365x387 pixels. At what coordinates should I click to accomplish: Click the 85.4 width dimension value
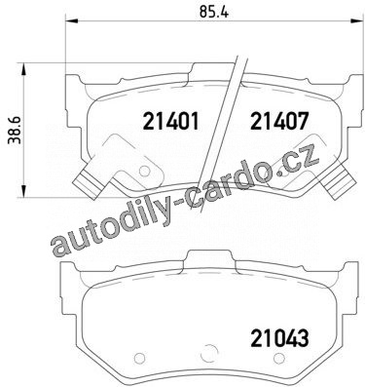(x=214, y=12)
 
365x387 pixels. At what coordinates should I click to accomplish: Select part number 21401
(x=171, y=122)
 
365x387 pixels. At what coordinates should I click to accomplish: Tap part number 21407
(x=279, y=122)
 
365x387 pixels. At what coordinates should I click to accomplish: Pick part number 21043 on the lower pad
(x=279, y=338)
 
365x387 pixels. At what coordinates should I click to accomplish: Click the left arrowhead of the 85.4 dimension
(x=72, y=21)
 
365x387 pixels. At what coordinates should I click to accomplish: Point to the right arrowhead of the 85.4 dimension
(x=357, y=21)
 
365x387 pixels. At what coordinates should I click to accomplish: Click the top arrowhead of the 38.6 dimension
(x=23, y=70)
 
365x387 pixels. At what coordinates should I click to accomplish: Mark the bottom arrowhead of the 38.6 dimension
(x=23, y=190)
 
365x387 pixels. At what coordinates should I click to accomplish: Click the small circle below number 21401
(x=144, y=171)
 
